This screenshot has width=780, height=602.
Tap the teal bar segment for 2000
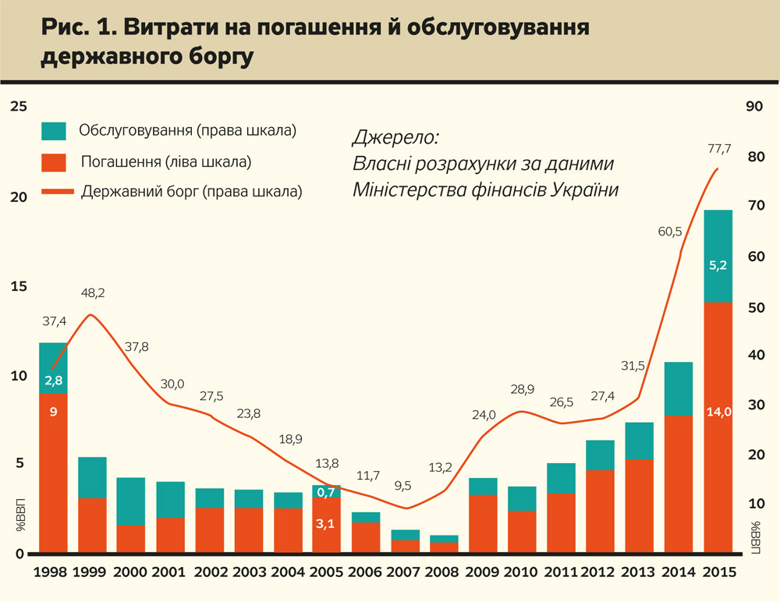point(131,501)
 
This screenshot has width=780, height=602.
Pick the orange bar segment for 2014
point(679,484)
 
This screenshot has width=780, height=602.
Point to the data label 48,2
point(93,294)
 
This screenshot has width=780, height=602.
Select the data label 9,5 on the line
point(403,486)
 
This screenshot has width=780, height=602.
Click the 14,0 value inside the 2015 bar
point(718,413)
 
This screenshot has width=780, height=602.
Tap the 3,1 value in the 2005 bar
point(326,525)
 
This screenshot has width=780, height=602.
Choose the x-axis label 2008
point(444,572)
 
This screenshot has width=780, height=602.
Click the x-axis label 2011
point(560,572)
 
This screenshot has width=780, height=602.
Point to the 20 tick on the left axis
point(18,197)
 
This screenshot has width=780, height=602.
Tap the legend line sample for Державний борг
point(54,191)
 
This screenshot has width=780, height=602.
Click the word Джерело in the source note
point(395,138)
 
